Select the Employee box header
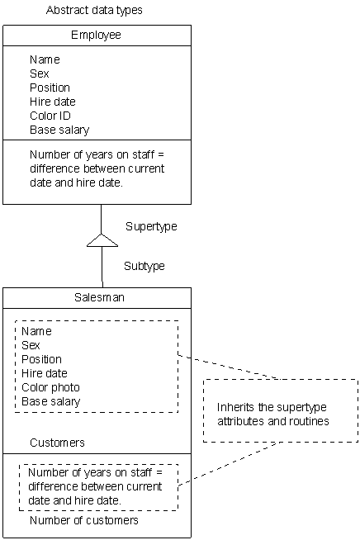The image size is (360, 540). [x=96, y=36]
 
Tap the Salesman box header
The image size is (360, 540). [x=97, y=298]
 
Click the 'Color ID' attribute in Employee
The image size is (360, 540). [x=53, y=116]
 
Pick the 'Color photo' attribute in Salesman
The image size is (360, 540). [x=50, y=387]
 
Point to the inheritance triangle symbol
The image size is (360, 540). [x=102, y=240]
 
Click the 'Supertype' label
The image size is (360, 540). [x=151, y=226]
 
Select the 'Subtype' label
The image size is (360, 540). [x=144, y=266]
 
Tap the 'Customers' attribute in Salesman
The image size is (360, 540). [x=57, y=443]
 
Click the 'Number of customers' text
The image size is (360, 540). [x=84, y=520]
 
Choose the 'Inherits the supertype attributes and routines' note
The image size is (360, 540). [x=273, y=414]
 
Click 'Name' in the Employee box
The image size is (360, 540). [x=45, y=59]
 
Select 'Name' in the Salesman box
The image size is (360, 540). [x=36, y=331]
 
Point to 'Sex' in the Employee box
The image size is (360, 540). [x=39, y=73]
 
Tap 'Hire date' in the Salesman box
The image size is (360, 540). [x=45, y=373]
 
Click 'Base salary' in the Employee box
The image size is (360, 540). [x=59, y=130]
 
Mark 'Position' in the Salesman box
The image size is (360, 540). [x=41, y=359]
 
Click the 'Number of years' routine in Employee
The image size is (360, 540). [x=97, y=168]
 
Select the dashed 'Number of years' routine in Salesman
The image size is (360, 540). [x=95, y=486]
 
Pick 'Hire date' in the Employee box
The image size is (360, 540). [x=53, y=102]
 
